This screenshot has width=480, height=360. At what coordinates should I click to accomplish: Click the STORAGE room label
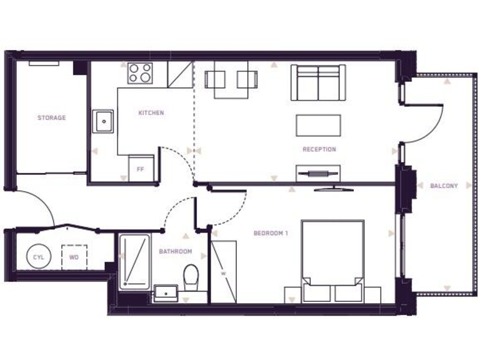pyautogui.click(x=51, y=117)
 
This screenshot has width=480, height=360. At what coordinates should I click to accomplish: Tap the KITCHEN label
pyautogui.click(x=151, y=113)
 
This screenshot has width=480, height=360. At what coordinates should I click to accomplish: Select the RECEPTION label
pyautogui.click(x=319, y=149)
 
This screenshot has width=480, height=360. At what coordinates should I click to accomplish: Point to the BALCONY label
pyautogui.click(x=444, y=186)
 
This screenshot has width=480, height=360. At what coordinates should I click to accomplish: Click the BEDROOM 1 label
pyautogui.click(x=271, y=234)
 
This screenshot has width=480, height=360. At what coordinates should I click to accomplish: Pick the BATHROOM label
pyautogui.click(x=175, y=252)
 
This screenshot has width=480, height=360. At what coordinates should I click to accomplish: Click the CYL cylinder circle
pyautogui.click(x=36, y=257)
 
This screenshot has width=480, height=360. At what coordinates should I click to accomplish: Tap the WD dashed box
pyautogui.click(x=74, y=257)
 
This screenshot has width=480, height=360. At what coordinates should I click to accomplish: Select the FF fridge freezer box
pyautogui.click(x=141, y=169)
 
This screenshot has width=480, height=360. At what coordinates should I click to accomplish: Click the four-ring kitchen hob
pyautogui.click(x=140, y=73)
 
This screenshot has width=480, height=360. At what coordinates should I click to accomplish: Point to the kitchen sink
pyautogui.click(x=103, y=121)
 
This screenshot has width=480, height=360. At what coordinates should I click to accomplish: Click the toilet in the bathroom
pyautogui.click(x=192, y=274)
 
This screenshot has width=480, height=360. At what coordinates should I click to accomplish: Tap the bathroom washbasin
pyautogui.click(x=166, y=291)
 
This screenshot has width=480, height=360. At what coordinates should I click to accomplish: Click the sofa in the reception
pyautogui.click(x=318, y=82)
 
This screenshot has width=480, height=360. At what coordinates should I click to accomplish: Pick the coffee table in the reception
pyautogui.click(x=319, y=125)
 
